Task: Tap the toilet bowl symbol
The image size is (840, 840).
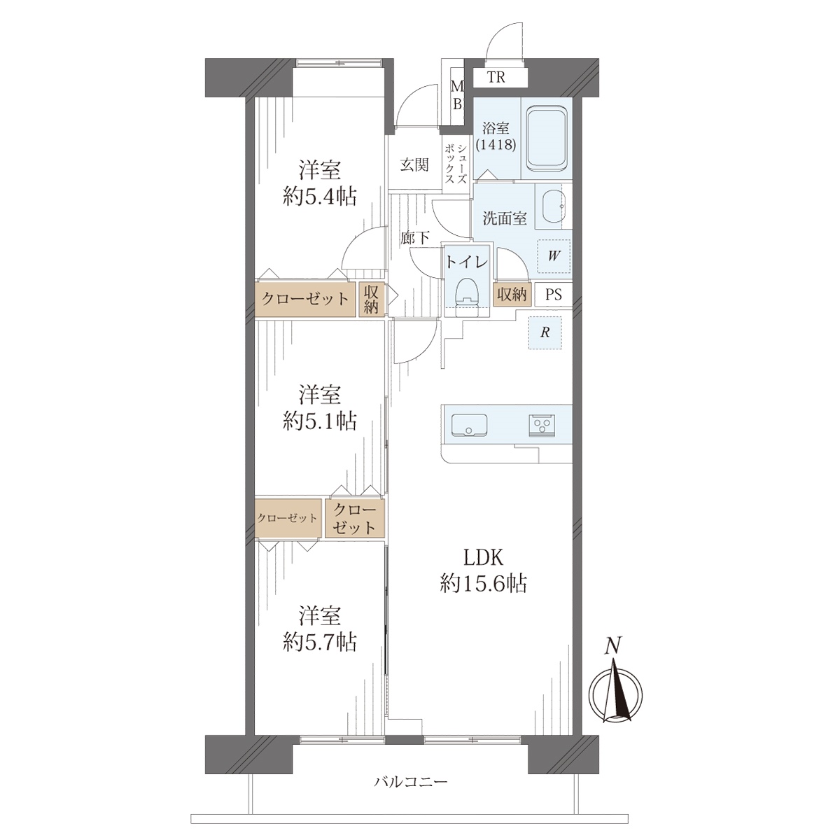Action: (466, 295)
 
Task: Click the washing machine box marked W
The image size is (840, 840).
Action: (554, 256)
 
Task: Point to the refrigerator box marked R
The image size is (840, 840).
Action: (545, 332)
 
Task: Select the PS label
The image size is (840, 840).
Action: (554, 295)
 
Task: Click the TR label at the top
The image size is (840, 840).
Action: (496, 77)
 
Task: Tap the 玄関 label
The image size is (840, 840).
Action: (414, 165)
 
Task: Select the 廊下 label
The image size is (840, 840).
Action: (415, 237)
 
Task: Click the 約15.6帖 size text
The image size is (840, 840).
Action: (484, 583)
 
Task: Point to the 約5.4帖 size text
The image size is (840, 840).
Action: (319, 197)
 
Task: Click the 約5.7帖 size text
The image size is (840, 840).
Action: (319, 642)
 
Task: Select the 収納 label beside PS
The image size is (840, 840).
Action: (512, 295)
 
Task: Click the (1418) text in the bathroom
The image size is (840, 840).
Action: (496, 144)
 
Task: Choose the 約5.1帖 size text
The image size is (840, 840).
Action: (319, 421)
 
